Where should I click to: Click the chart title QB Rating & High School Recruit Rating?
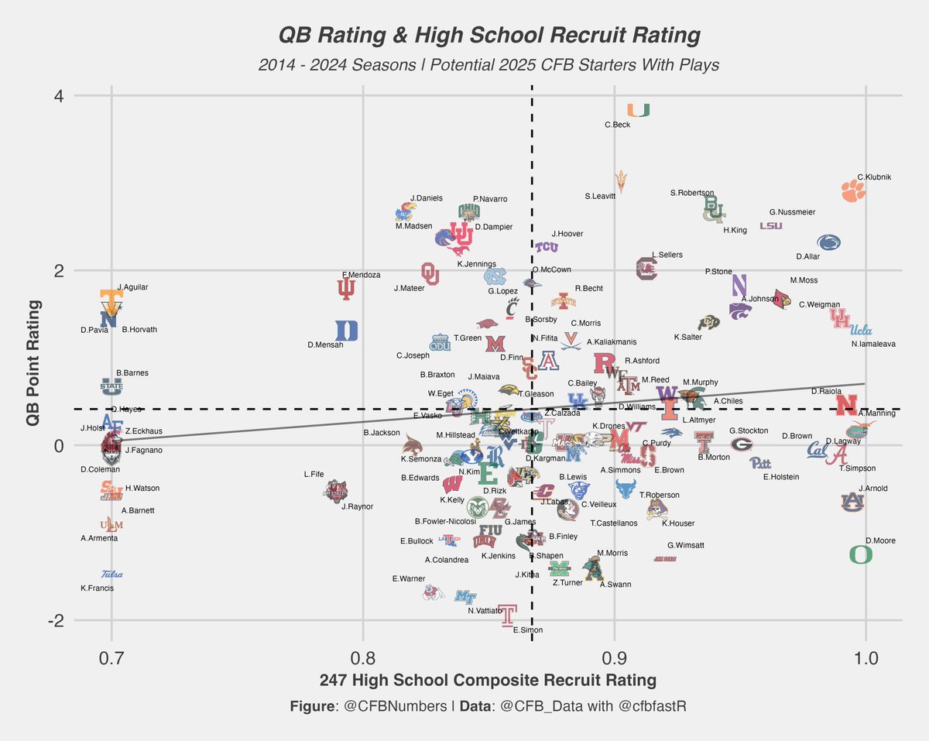point(489,36)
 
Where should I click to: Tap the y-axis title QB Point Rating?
point(33,362)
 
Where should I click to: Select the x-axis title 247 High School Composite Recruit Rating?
point(488,681)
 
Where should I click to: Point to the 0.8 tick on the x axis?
point(363,659)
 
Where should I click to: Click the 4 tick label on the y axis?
point(57,96)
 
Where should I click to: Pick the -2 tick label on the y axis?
point(54,620)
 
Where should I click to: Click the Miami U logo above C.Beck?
point(638,110)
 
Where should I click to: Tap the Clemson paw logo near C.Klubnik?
point(854,190)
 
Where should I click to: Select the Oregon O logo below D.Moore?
point(860,554)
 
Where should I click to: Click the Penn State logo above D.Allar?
point(829,242)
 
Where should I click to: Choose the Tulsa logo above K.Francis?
point(111,575)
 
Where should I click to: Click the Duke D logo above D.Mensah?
point(346,331)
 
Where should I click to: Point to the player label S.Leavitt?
point(600,196)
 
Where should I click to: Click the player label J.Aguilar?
point(132,287)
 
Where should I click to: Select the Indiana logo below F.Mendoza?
point(346,290)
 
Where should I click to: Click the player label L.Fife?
point(314,474)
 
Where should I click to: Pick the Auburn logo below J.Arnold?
point(852,502)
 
